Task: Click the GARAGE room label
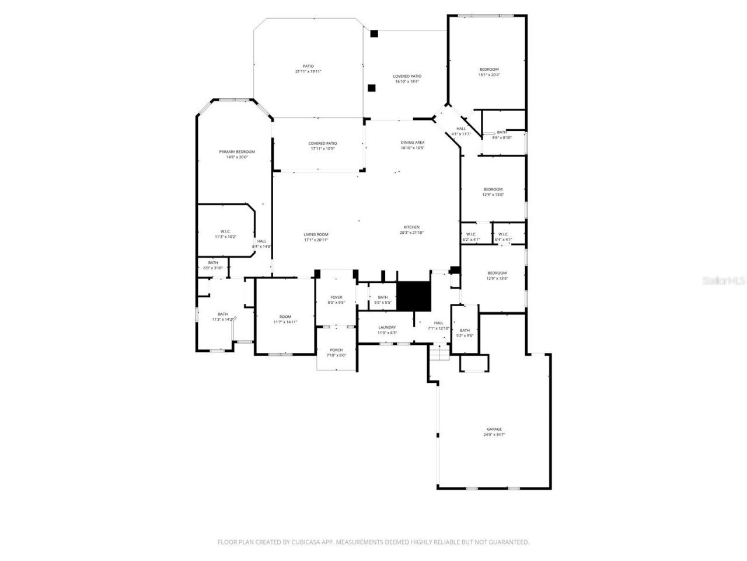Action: click(x=494, y=429)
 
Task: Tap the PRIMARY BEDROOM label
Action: click(x=237, y=152)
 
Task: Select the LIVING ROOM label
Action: click(x=316, y=234)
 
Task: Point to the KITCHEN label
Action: click(x=411, y=227)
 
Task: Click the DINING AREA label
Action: click(x=412, y=143)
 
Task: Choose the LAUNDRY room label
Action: click(x=387, y=327)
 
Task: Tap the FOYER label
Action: click(x=336, y=297)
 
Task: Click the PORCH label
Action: click(x=336, y=350)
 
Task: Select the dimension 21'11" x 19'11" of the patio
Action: click(x=308, y=71)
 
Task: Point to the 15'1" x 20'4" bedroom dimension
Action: click(x=489, y=75)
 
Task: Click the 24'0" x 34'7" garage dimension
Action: click(x=494, y=435)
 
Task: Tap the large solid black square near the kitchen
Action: click(x=413, y=296)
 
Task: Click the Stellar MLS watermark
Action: click(x=724, y=281)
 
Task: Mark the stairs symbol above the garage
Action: click(x=439, y=352)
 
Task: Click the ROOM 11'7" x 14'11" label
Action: click(x=285, y=319)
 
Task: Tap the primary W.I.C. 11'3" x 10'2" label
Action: click(x=226, y=234)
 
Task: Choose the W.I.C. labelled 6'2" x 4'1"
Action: click(x=471, y=237)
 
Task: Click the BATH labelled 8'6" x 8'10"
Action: click(x=501, y=135)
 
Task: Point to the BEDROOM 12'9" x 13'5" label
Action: click(x=497, y=275)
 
